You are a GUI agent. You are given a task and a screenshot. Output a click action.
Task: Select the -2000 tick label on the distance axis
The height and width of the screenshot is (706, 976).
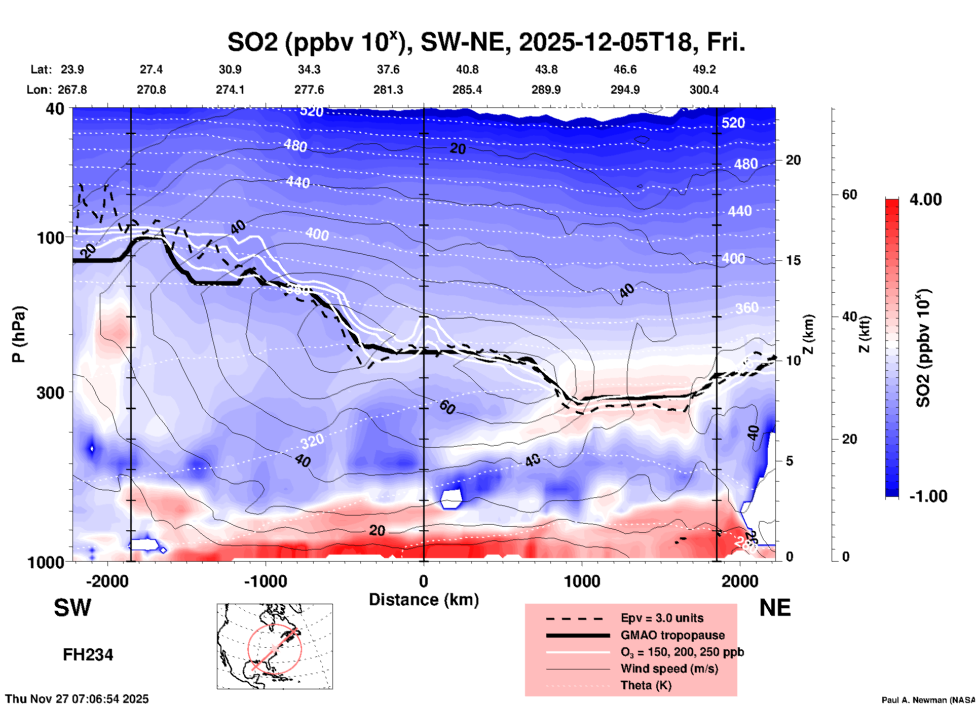(x=107, y=581)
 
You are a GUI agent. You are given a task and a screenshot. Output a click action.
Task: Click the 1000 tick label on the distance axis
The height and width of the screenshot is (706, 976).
(x=582, y=581)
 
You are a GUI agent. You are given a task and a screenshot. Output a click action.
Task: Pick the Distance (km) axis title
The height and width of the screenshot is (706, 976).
(x=424, y=600)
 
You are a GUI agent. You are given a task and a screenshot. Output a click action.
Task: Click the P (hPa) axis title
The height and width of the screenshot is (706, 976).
(x=19, y=334)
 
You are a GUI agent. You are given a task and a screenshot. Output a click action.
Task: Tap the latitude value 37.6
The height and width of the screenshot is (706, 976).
(x=388, y=69)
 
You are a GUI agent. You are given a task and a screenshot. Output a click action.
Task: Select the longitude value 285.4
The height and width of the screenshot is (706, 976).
(x=467, y=90)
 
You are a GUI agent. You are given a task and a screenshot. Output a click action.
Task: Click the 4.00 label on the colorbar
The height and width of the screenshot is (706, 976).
(x=925, y=199)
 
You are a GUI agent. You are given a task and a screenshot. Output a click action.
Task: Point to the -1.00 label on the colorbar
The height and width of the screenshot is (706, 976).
(x=928, y=496)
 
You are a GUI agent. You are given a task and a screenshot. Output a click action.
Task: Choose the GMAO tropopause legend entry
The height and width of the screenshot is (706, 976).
(x=672, y=635)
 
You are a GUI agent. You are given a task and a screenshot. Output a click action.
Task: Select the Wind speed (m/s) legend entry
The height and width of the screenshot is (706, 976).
(x=669, y=669)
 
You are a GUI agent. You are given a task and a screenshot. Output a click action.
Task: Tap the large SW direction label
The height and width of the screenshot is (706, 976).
(x=72, y=608)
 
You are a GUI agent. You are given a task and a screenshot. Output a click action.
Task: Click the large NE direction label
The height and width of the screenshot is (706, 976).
(x=775, y=608)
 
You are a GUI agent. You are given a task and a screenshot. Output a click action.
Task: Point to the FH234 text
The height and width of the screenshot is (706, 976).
(x=88, y=655)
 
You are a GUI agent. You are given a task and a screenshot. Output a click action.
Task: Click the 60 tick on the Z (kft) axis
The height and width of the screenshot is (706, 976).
(x=849, y=194)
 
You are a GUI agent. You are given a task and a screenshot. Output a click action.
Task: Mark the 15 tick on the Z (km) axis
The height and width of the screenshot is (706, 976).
(x=793, y=260)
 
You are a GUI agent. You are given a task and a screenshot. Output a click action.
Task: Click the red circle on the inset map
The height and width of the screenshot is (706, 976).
(x=275, y=649)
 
